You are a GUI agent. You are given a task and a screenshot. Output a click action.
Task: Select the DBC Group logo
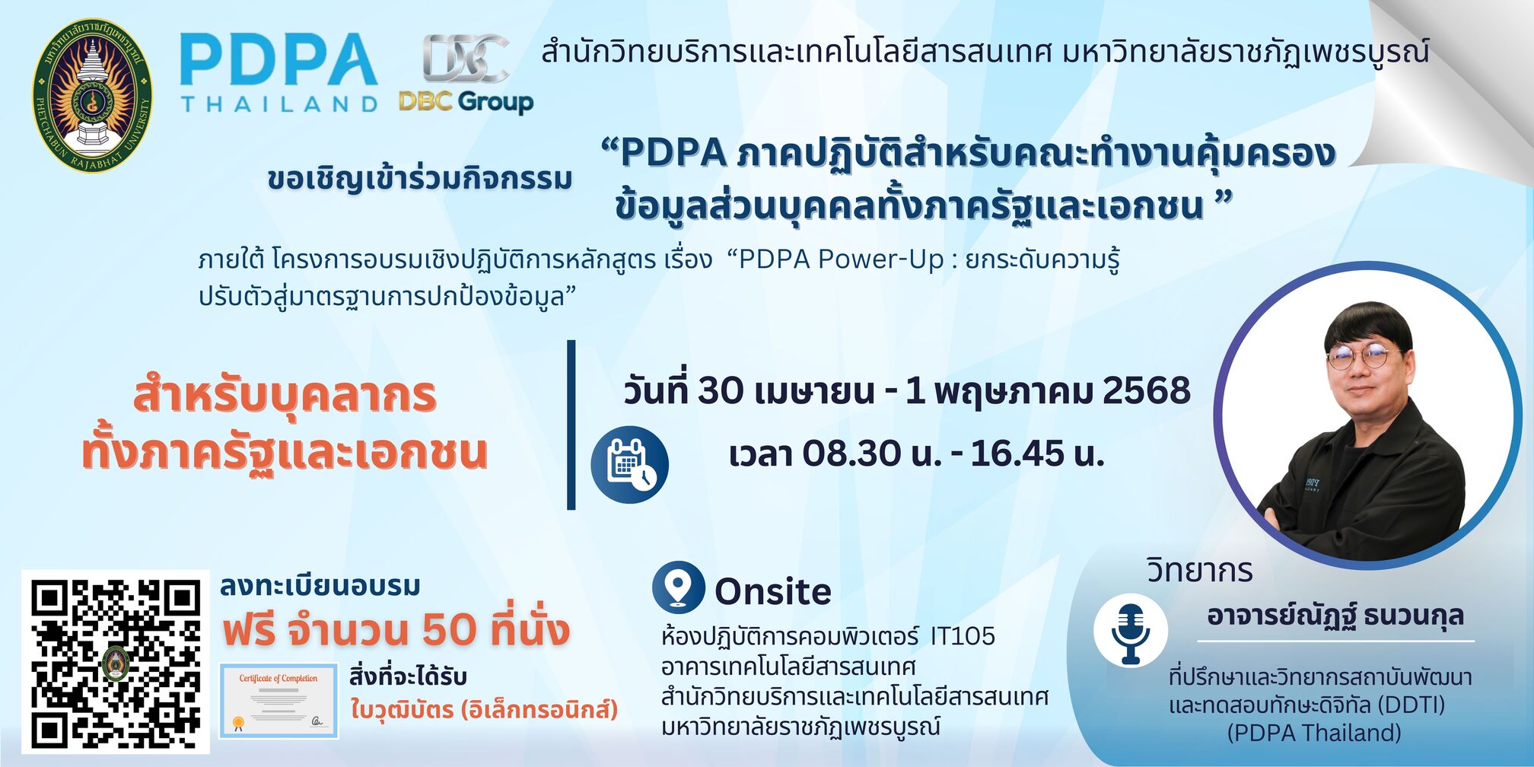pos(466,75)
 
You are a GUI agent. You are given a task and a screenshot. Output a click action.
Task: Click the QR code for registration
pos(116,661)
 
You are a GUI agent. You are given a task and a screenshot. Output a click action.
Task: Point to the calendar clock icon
pos(630,465)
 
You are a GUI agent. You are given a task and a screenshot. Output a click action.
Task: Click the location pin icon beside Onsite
pos(678,587)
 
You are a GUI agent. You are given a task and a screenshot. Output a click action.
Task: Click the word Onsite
pos(773,591)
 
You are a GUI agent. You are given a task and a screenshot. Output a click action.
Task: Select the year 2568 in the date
pos(1147,390)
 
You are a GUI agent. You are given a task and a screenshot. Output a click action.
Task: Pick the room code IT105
pos(963,635)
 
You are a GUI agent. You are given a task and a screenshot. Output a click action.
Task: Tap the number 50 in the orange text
pos(449,629)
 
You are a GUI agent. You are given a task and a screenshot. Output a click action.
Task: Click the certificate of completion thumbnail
pos(278,701)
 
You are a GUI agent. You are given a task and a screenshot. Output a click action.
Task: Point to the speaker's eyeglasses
pos(1363,355)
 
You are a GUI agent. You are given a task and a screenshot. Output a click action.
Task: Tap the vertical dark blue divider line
pos(571,425)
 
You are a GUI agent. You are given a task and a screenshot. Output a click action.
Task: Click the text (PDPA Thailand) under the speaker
pos(1314,733)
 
